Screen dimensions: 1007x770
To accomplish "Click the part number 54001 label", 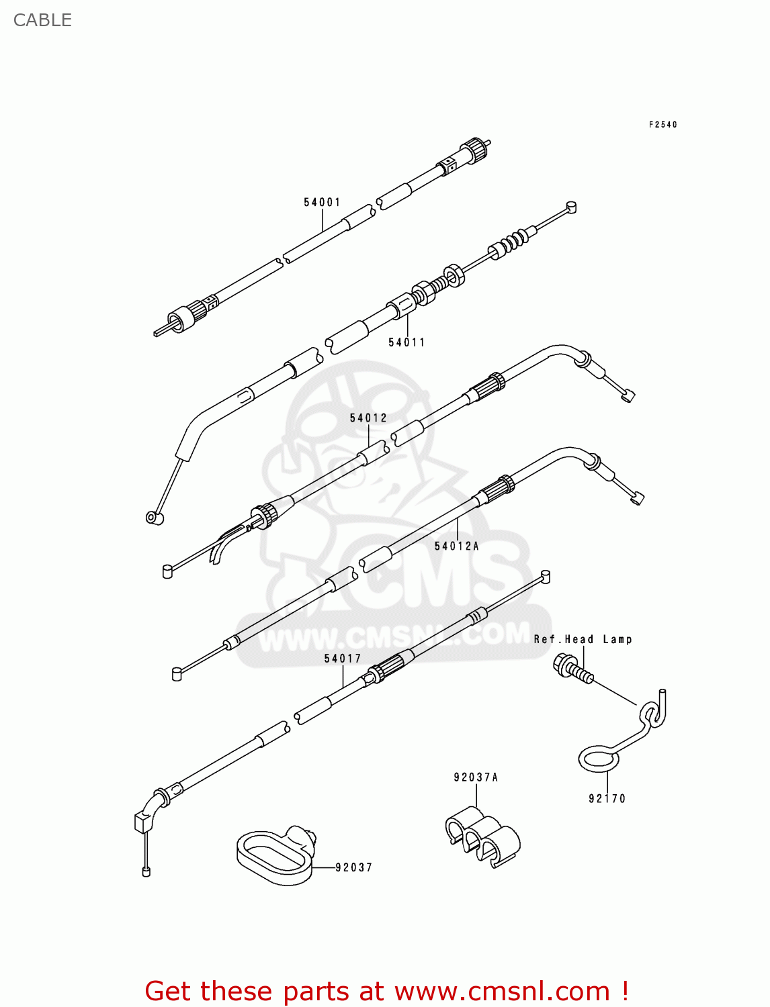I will click(322, 202).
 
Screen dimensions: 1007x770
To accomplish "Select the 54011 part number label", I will click(407, 342).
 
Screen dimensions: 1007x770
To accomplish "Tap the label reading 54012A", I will click(457, 546).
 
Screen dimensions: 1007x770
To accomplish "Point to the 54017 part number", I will click(343, 659).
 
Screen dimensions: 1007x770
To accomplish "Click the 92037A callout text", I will click(476, 777).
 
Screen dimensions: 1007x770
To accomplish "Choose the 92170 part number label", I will click(607, 798).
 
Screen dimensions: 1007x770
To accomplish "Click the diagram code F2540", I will click(662, 125).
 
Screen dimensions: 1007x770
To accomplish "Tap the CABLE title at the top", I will click(42, 20).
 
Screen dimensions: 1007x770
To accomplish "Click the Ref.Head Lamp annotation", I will click(583, 639).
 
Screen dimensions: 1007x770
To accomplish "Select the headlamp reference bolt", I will click(572, 669).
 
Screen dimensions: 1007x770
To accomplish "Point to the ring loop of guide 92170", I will click(598, 759).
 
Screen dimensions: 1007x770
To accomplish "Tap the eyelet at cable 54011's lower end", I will click(154, 518).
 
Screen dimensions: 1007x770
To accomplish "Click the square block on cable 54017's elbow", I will click(143, 821).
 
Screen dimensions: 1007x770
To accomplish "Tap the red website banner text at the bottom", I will click(386, 991).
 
